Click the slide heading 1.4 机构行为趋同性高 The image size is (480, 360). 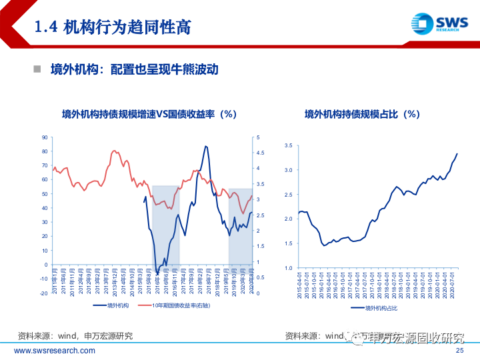[x=113, y=27]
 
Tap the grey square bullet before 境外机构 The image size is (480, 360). [x=38, y=69]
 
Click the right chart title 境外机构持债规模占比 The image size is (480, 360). [x=362, y=114]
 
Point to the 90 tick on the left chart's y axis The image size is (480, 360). [x=44, y=137]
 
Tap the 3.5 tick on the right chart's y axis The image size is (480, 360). [x=288, y=145]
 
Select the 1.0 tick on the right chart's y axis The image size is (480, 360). [x=288, y=268]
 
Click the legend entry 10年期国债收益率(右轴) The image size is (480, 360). [x=181, y=306]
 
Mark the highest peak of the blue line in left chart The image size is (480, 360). [x=206, y=146]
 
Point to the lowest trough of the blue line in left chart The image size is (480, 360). [x=157, y=273]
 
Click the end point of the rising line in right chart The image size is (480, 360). [x=457, y=154]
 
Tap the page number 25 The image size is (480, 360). [x=459, y=351]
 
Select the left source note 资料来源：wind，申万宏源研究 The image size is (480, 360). [x=75, y=336]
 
